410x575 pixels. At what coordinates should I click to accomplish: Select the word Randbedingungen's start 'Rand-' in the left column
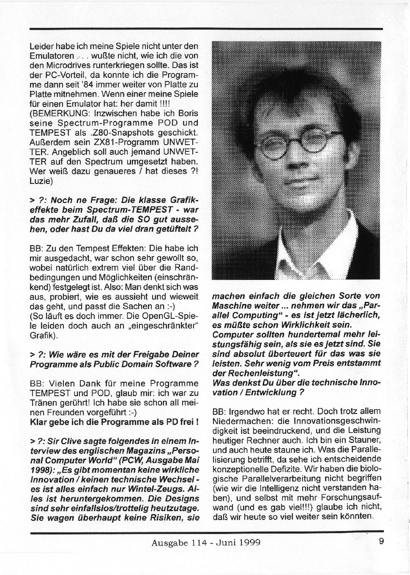click(x=186, y=268)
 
